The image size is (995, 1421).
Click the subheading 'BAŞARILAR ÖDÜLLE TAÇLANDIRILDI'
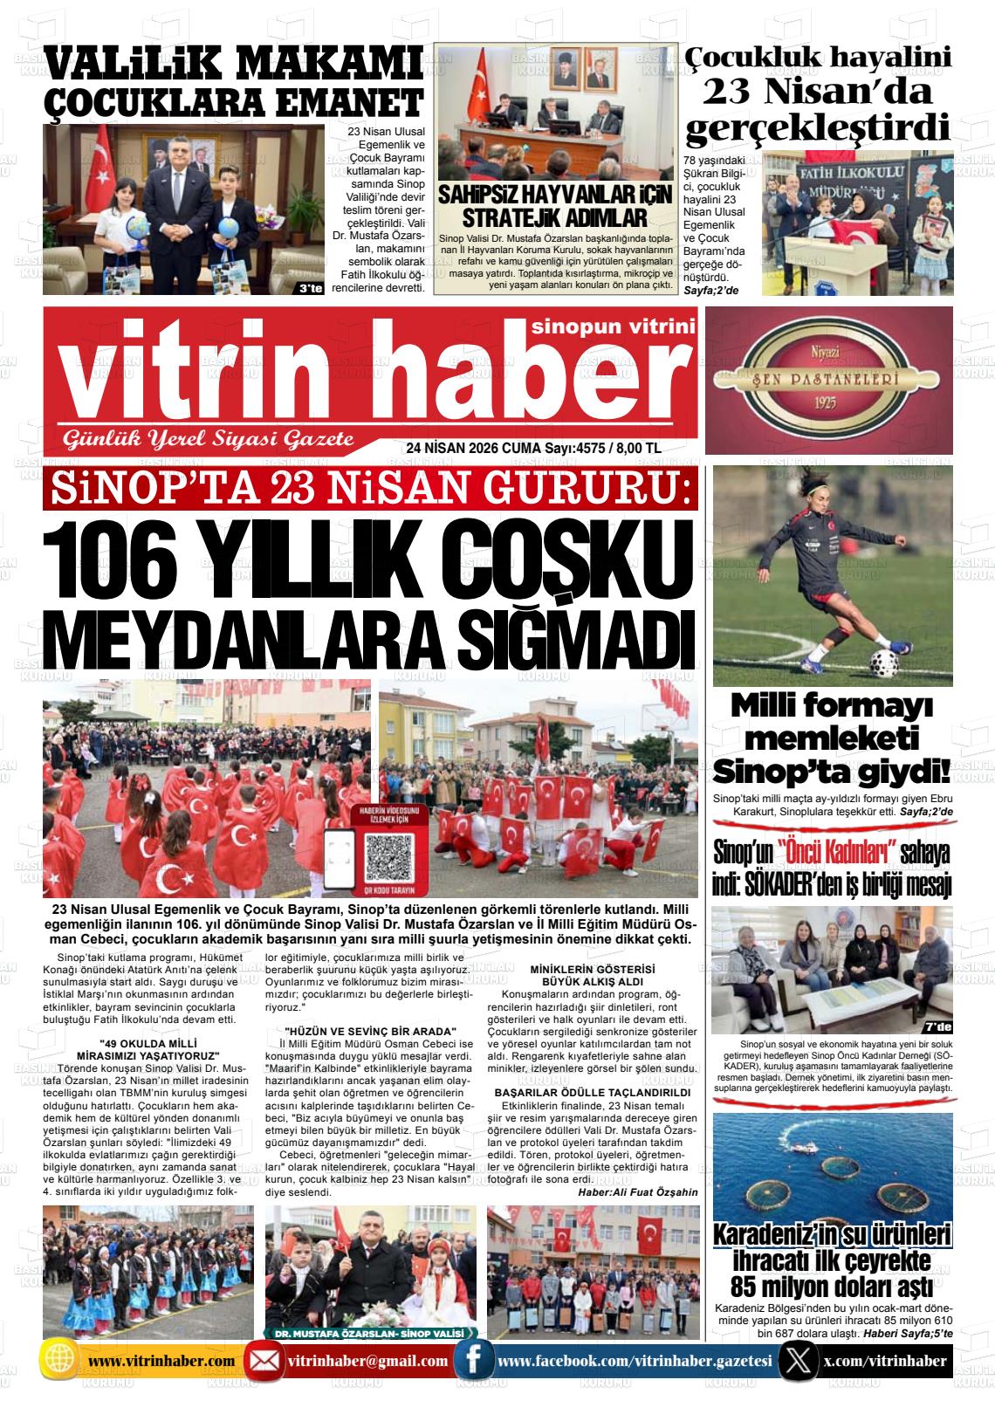(x=593, y=1092)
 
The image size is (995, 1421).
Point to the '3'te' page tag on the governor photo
(x=310, y=290)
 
